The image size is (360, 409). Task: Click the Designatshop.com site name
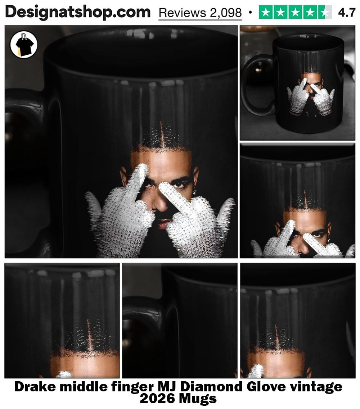(x=78, y=12)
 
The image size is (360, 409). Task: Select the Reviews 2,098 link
(x=200, y=13)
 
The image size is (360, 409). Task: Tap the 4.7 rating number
(x=347, y=13)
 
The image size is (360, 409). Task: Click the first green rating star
(x=266, y=12)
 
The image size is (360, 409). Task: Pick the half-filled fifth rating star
(x=325, y=12)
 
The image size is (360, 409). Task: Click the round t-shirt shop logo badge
(x=24, y=44)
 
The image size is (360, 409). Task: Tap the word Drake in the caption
(x=35, y=387)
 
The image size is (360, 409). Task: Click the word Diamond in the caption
(x=211, y=387)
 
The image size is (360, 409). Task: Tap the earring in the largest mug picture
(x=195, y=192)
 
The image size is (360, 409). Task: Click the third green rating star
(x=296, y=12)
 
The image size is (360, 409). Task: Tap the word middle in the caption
(x=84, y=387)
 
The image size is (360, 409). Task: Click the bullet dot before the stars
(x=250, y=12)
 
